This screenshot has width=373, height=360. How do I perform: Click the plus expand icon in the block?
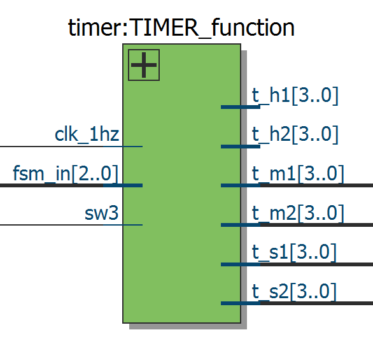(x=144, y=65)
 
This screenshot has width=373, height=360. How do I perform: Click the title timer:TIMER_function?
(x=181, y=28)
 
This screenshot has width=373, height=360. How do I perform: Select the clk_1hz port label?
(x=87, y=135)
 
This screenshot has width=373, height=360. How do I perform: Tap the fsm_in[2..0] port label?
(x=66, y=173)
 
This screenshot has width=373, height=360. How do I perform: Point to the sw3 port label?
(x=102, y=213)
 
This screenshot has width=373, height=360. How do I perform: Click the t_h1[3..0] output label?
(x=295, y=96)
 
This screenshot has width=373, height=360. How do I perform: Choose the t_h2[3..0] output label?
(x=295, y=135)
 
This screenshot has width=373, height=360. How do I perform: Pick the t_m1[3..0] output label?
(x=298, y=174)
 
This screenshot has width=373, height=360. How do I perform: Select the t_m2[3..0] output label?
(x=298, y=213)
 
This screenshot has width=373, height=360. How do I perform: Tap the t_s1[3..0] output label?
(x=294, y=252)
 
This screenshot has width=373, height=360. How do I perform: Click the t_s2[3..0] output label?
(x=294, y=291)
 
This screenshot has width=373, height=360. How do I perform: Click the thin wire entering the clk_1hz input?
(x=61, y=147)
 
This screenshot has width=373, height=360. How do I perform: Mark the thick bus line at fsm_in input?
(x=61, y=185)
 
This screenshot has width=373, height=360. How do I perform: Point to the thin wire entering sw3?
(x=61, y=225)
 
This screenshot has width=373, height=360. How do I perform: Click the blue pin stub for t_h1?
(x=241, y=107)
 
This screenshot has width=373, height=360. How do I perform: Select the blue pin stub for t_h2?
(x=241, y=147)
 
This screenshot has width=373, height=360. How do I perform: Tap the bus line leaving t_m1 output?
(x=316, y=185)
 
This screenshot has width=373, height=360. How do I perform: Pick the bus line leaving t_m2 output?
(x=316, y=225)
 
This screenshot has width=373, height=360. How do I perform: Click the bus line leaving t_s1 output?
(x=316, y=264)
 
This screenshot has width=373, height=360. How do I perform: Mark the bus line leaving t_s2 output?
(x=316, y=303)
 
